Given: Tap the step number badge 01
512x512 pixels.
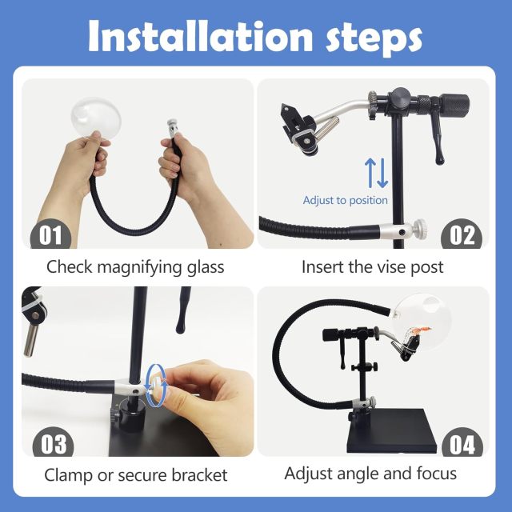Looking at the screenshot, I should coord(50,235).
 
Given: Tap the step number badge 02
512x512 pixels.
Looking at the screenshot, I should coord(462,235).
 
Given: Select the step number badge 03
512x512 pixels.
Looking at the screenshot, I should coord(50,443).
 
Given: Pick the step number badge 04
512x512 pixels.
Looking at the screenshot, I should coord(462,443).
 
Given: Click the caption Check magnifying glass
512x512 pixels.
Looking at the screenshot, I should coord(135,266).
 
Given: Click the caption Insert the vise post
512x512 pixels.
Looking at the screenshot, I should coord(372,266).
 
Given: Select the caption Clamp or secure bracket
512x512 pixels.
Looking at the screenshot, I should coord(135,474).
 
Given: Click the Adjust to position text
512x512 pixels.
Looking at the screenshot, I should coord(345,200).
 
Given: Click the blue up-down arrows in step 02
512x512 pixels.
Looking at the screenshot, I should coord(376,173).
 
